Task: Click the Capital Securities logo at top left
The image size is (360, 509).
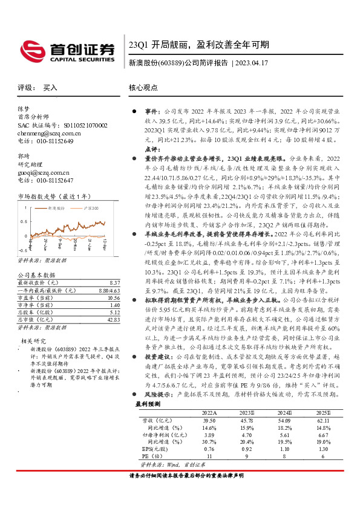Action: coord(66,50)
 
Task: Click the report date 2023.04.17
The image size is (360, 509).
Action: coord(255,62)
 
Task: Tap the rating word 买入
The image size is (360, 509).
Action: coord(50,88)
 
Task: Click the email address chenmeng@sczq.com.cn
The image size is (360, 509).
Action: coord(50,133)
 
